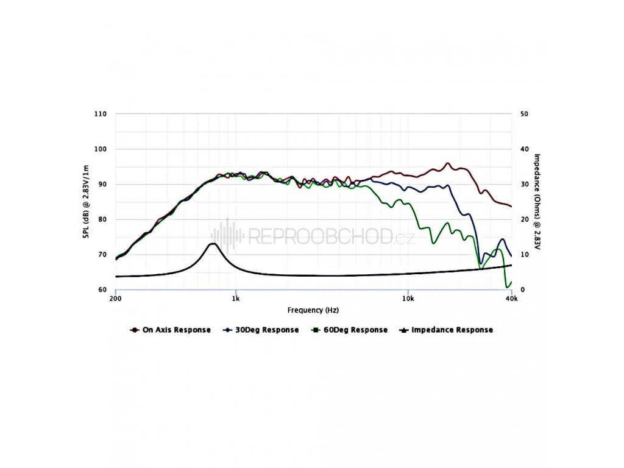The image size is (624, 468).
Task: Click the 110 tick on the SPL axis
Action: (101, 114)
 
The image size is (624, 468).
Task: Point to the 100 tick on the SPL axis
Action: (101, 149)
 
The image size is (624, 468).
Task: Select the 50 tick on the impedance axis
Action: (523, 114)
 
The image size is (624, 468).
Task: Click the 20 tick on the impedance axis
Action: (523, 219)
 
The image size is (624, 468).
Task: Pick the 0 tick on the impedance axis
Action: (522, 290)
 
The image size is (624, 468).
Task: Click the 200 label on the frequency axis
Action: (115, 299)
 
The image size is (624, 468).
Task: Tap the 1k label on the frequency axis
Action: (236, 299)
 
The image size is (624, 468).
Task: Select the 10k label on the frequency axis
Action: (408, 299)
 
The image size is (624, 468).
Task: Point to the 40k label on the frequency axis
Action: (512, 299)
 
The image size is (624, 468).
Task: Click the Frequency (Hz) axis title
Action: (313, 310)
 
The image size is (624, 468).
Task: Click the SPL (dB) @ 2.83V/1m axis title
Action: (87, 202)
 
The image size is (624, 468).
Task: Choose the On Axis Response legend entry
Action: (171, 330)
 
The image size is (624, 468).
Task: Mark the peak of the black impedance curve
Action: (213, 244)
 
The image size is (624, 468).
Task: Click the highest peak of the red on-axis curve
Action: (448, 163)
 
